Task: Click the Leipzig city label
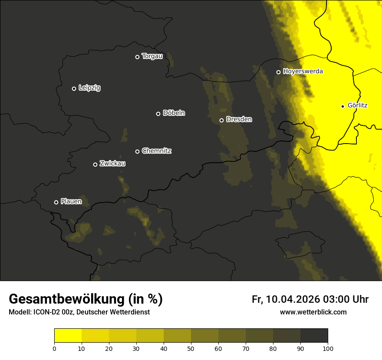(x=89, y=88)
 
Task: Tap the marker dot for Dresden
(x=221, y=120)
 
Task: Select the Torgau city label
(x=152, y=56)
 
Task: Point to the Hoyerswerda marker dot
(x=278, y=72)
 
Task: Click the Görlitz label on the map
(x=358, y=105)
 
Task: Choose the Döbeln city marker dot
(x=158, y=114)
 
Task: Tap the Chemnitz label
(x=157, y=151)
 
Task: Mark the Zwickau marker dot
(x=95, y=164)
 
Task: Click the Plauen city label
(x=71, y=202)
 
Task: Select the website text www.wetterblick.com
(x=313, y=312)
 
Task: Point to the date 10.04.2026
(x=293, y=299)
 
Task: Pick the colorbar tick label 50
(x=191, y=348)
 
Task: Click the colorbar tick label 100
(x=328, y=348)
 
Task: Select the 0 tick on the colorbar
(x=54, y=348)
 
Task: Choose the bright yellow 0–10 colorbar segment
(x=68, y=335)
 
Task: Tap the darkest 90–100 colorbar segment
(x=314, y=335)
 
